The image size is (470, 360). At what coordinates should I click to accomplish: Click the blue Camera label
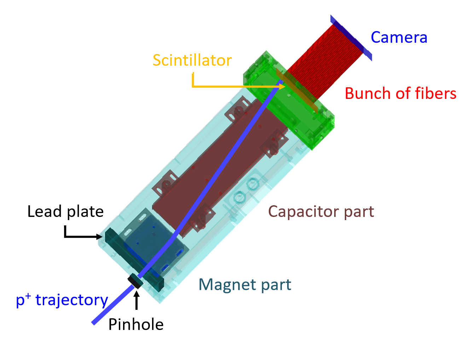click(x=399, y=37)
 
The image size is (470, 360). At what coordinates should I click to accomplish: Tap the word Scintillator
click(x=192, y=60)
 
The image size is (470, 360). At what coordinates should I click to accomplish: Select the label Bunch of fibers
click(x=400, y=94)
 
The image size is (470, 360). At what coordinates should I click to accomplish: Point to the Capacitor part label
click(x=321, y=212)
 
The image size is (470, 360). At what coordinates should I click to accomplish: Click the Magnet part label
click(x=245, y=285)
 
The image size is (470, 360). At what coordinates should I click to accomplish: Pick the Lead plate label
click(x=65, y=212)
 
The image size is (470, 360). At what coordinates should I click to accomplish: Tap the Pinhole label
click(x=136, y=324)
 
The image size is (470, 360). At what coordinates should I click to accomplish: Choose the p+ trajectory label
click(x=62, y=300)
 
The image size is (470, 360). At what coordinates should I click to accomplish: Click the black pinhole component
click(x=135, y=281)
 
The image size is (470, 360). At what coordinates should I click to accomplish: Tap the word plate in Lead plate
click(x=85, y=212)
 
